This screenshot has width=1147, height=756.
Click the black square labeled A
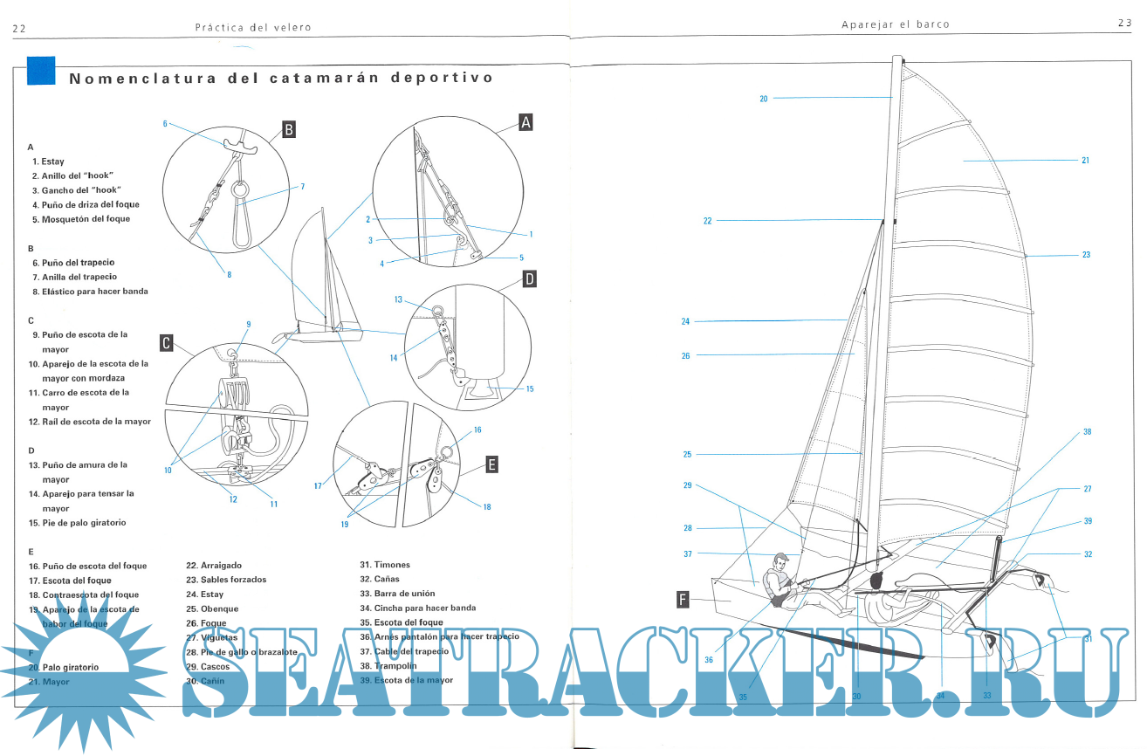coord(525,123)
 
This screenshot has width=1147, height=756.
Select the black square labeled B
coord(289,130)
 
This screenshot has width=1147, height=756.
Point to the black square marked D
coord(530,279)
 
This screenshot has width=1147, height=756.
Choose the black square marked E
coord(491,465)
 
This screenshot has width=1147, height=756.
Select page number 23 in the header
coord(1124,23)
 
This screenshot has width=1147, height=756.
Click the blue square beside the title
coord(41,72)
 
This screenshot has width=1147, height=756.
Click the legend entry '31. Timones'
coord(385,565)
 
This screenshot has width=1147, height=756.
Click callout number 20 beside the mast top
coord(764,99)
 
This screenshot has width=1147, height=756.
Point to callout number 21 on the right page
coord(1085,161)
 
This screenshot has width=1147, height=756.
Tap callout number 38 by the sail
coord(1088,432)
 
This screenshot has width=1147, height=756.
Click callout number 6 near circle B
coord(165,124)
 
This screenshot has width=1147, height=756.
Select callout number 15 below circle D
coord(530,389)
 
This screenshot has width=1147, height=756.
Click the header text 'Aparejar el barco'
coord(895,24)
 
